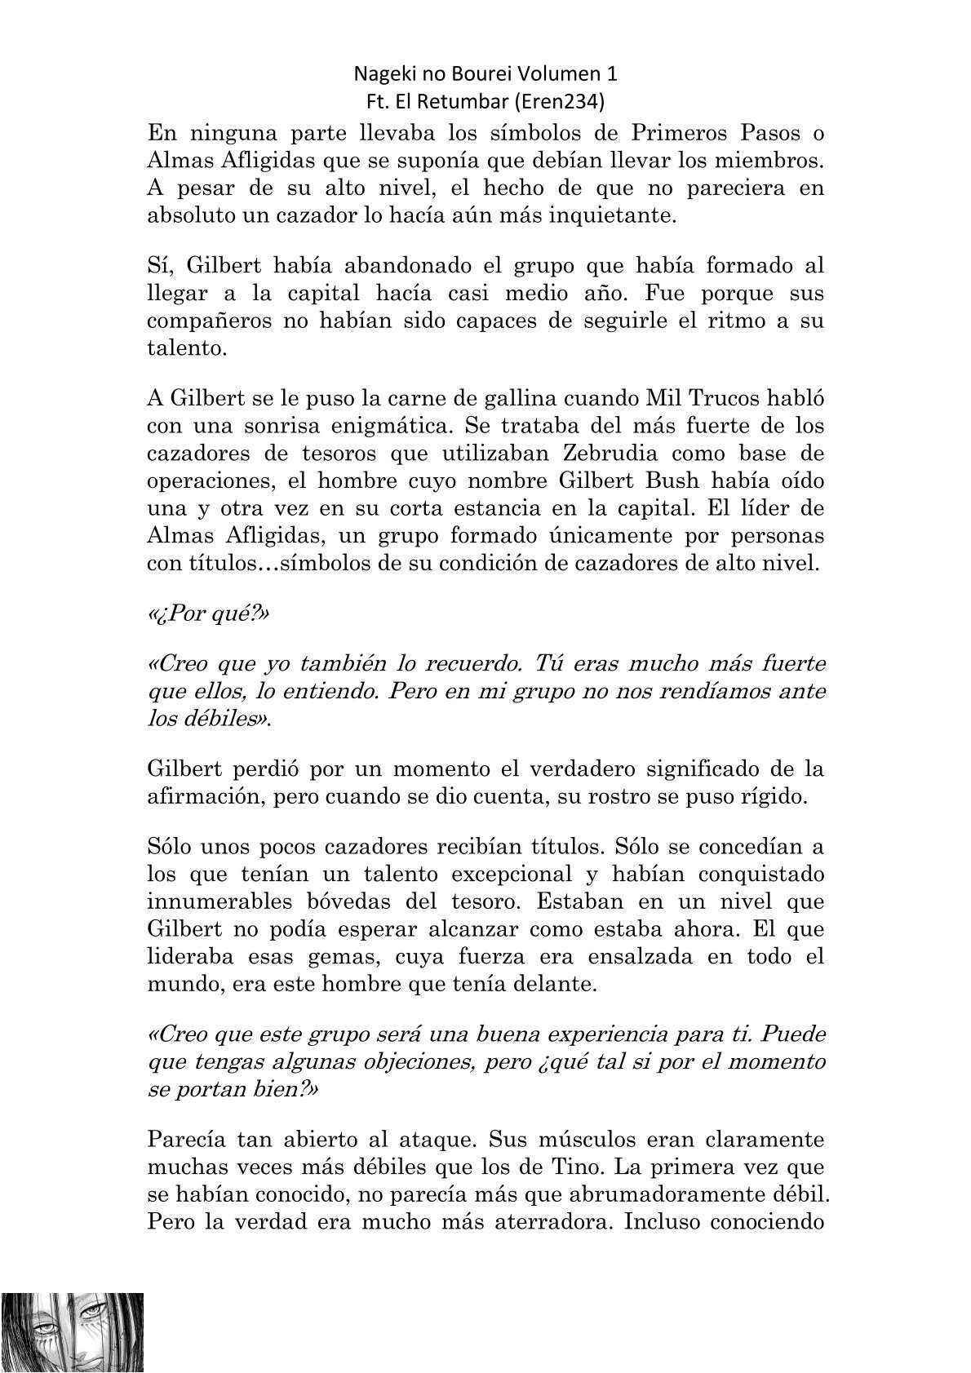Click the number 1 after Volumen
coord(612,74)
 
